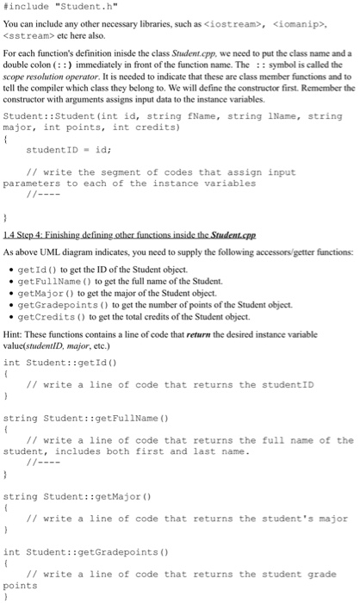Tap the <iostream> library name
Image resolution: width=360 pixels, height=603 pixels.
(x=239, y=25)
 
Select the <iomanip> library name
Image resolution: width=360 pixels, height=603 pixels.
(x=308, y=25)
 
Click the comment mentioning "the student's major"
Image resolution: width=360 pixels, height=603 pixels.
(x=186, y=518)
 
